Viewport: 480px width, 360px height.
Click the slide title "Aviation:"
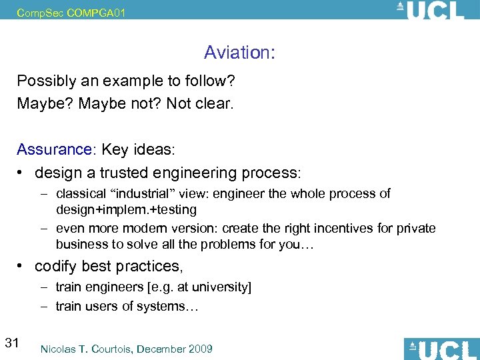[x=239, y=52]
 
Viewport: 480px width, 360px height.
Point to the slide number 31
[x=11, y=343]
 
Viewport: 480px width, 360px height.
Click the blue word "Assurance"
[x=53, y=149]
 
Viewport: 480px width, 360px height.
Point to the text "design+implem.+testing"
[x=126, y=209]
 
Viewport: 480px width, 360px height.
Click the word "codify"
[x=56, y=266]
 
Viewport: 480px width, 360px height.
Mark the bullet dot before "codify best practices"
[x=23, y=266]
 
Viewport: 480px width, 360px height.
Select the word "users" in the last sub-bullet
[x=97, y=306]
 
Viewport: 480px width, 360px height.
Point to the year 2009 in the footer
[x=200, y=349]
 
